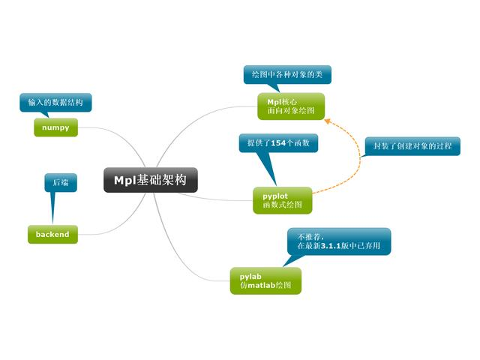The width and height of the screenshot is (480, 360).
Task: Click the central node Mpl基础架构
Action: pos(150,180)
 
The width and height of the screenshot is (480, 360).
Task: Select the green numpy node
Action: pos(56,128)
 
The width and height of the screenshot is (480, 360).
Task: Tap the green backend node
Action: pos(52,234)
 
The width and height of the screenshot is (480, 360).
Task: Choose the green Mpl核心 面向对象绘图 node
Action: pos(291,106)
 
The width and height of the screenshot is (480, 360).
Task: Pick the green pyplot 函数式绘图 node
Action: pos(282,200)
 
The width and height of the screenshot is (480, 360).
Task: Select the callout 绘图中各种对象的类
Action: pos(287,74)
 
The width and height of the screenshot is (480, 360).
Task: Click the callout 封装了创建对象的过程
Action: pos(412,145)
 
